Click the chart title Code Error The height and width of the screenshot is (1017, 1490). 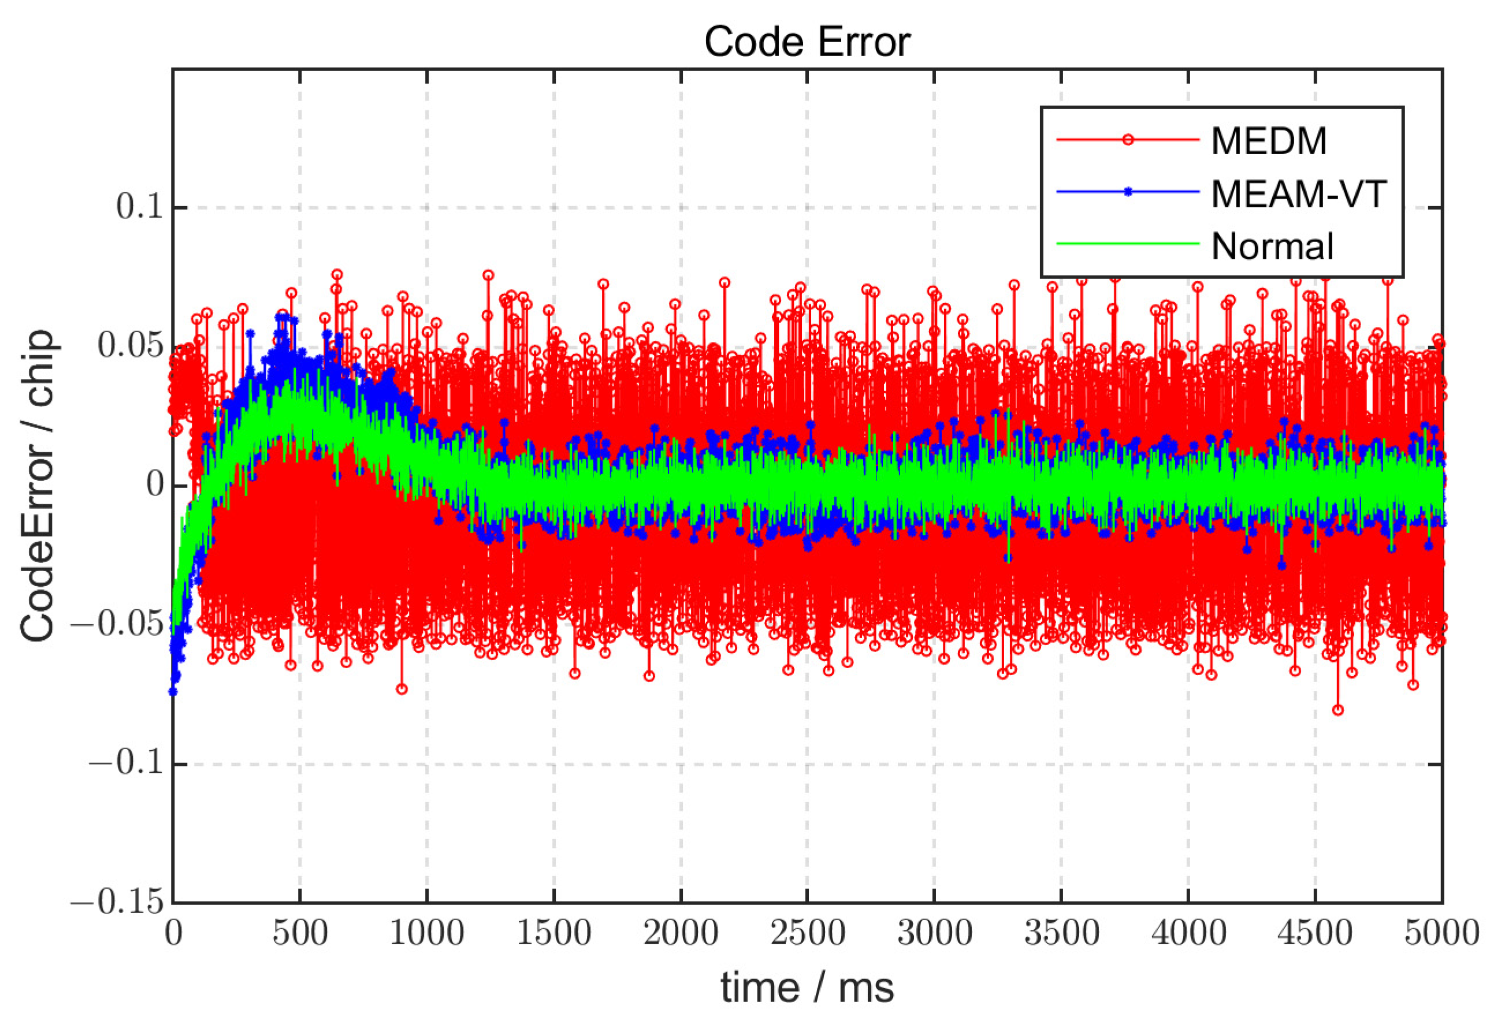click(807, 42)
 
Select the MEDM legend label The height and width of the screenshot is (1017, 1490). click(1268, 140)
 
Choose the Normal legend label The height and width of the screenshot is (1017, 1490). click(1272, 246)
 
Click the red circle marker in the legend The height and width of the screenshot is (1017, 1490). click(1128, 140)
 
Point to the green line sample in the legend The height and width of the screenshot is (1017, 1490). click(1128, 244)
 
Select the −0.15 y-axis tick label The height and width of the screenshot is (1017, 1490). click(117, 902)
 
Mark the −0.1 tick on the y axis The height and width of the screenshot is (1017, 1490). click(127, 763)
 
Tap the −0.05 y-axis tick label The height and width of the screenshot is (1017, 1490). click(117, 624)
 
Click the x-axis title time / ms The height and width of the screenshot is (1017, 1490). click(807, 988)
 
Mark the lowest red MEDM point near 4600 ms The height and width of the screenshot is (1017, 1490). click(1338, 710)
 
